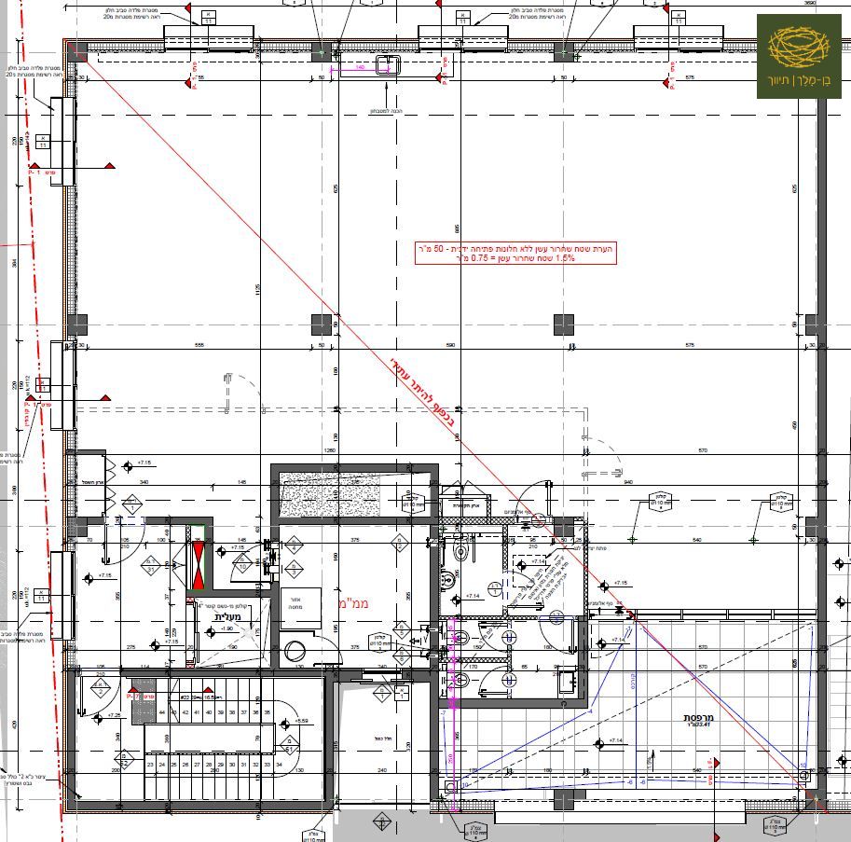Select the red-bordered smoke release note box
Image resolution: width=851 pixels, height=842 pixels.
(515, 254)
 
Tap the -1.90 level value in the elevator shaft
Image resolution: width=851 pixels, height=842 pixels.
(226, 628)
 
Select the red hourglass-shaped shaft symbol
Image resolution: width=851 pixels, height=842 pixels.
(198, 563)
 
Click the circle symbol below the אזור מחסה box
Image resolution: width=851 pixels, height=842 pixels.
(295, 651)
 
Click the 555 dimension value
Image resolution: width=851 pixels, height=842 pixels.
(199, 345)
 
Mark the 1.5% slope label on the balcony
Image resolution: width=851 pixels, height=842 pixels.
(650, 760)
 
